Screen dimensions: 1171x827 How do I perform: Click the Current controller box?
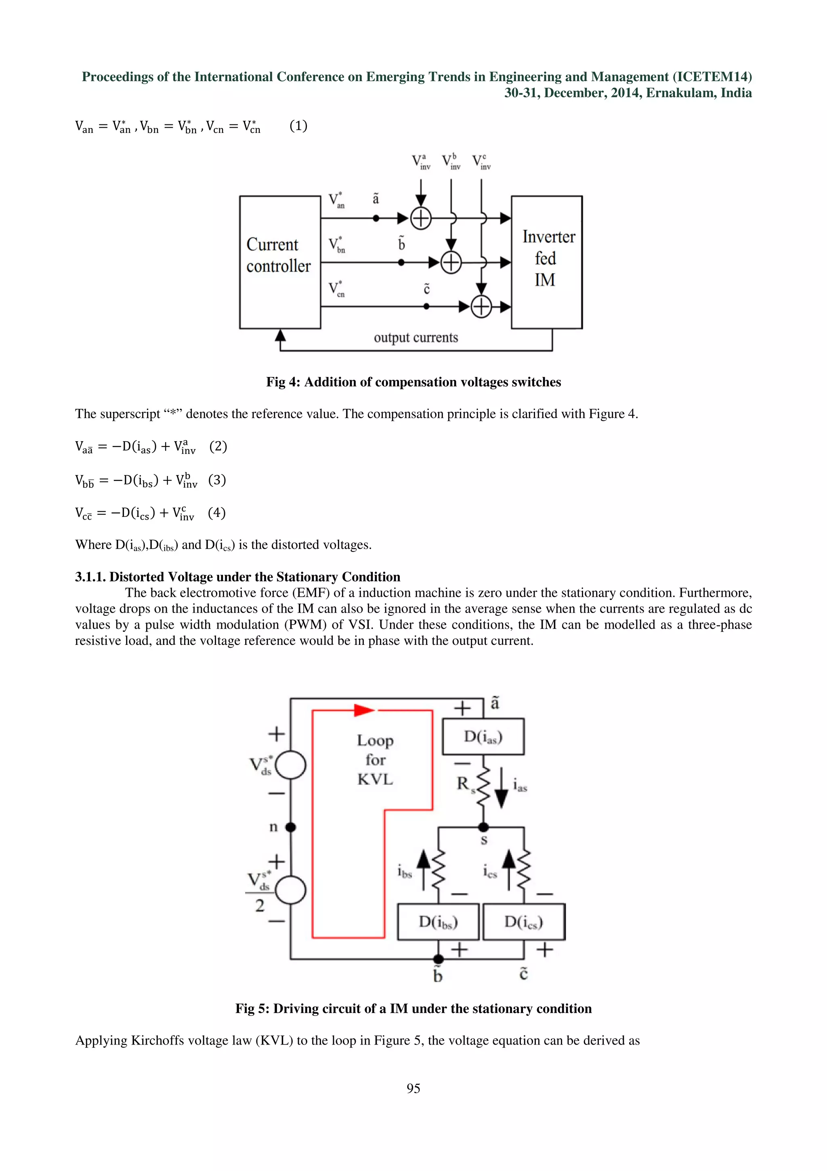(280, 262)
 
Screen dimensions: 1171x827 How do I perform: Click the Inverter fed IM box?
(546, 262)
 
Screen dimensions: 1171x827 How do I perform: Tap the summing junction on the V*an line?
(421, 219)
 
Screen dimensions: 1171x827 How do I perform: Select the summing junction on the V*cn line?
(481, 307)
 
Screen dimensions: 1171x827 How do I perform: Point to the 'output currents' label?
(416, 338)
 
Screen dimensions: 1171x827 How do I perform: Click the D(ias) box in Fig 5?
(483, 737)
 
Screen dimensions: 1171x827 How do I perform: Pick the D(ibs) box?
(438, 922)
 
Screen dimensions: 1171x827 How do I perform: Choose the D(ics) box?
(524, 922)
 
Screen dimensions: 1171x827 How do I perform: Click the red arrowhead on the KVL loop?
(364, 710)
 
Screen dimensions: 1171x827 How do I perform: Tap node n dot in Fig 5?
(290, 827)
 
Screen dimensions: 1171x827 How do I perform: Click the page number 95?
(413, 1089)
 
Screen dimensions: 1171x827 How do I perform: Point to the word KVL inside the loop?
(375, 779)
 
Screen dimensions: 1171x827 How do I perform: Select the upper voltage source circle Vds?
(290, 765)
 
